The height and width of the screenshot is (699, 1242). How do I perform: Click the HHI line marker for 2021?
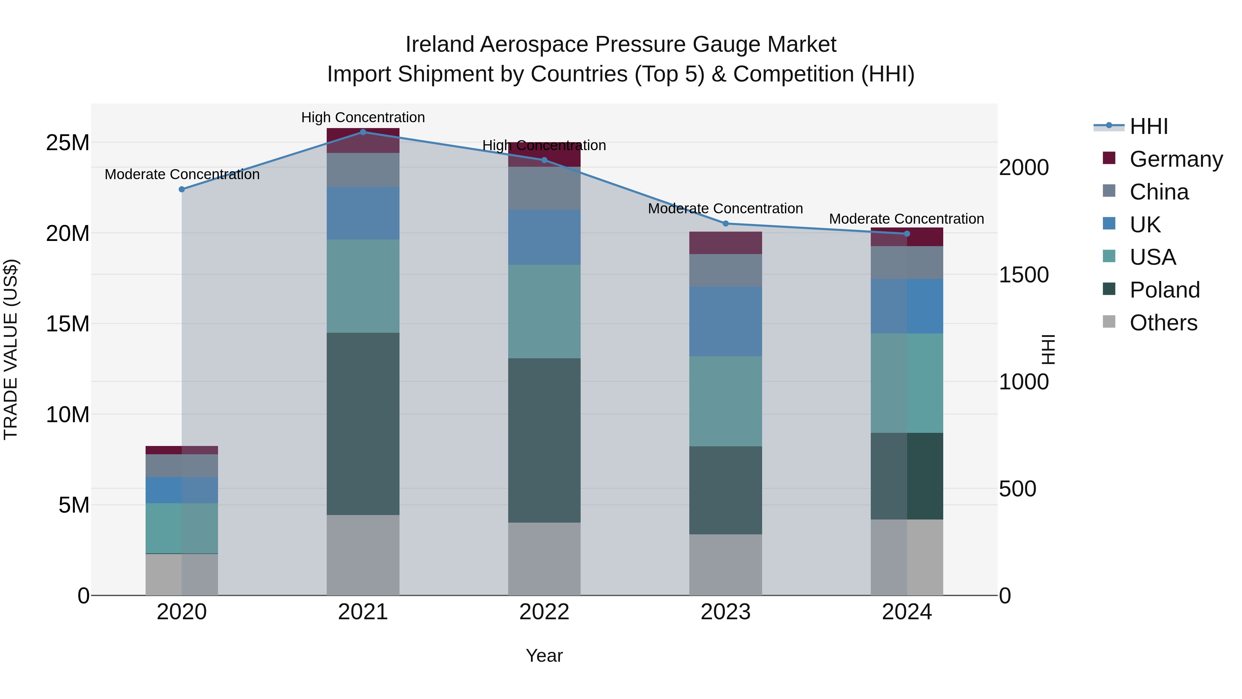click(x=363, y=132)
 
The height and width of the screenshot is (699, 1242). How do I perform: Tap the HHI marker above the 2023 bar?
click(x=725, y=223)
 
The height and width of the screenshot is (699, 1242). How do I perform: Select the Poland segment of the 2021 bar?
click(x=363, y=424)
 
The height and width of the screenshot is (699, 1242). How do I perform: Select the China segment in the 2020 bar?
click(x=182, y=466)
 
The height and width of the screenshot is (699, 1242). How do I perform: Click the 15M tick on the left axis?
click(x=68, y=324)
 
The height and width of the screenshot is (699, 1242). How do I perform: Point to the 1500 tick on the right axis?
click(x=1023, y=275)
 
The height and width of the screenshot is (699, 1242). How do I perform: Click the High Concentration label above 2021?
click(x=363, y=117)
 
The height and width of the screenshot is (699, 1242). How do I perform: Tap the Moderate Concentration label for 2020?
click(x=182, y=174)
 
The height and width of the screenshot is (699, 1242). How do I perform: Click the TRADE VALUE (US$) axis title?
click(x=11, y=349)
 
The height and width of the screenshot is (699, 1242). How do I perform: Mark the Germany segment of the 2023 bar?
click(x=725, y=243)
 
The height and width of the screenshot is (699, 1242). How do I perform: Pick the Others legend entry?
click(x=1162, y=323)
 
